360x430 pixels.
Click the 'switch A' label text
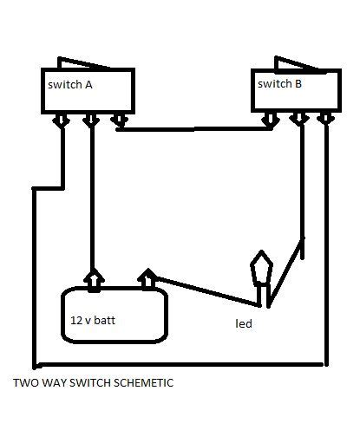[70, 85]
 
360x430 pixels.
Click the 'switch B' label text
[279, 84]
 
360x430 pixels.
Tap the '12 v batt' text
[93, 320]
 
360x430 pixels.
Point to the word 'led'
[244, 323]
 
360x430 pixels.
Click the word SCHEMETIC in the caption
[143, 383]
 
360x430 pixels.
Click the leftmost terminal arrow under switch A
[62, 120]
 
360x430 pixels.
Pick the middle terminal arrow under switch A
[91, 120]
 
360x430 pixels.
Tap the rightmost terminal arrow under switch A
[120, 120]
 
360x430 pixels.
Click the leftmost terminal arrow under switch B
[271, 120]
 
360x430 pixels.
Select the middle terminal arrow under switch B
[299, 120]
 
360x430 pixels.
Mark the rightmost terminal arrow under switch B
[326, 119]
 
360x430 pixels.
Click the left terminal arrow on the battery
[94, 280]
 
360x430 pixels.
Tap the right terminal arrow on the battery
[147, 279]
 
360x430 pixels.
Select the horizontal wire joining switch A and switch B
[194, 129]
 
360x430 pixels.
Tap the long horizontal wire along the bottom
[179, 365]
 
